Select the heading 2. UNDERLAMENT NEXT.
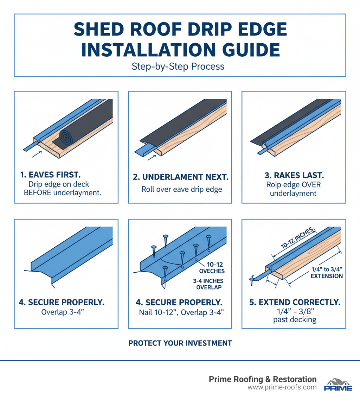[180, 178]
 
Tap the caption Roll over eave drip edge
[181, 189]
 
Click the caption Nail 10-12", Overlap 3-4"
[180, 312]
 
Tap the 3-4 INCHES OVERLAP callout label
[208, 284]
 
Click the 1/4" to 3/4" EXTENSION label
[327, 272]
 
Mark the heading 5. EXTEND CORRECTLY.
[294, 302]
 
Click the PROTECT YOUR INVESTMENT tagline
[180, 343]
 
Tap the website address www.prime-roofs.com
[282, 387]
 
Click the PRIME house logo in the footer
[337, 384]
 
